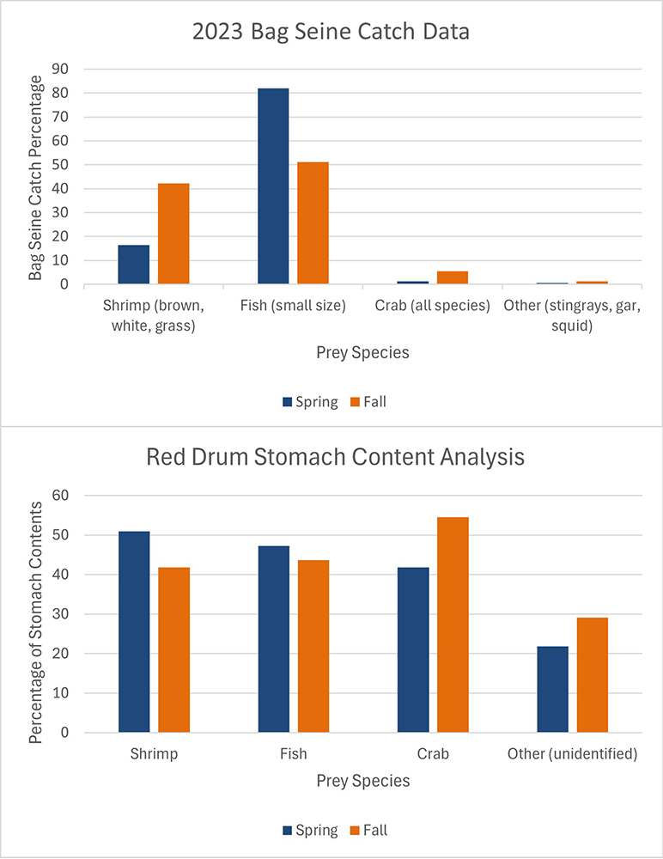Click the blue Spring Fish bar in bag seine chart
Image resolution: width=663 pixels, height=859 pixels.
pyautogui.click(x=273, y=186)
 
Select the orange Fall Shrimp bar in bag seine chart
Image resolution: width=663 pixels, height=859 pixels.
pyautogui.click(x=173, y=234)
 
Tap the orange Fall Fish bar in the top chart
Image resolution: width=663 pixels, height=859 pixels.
pyautogui.click(x=313, y=223)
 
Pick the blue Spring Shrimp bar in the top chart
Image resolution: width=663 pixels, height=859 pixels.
pyautogui.click(x=134, y=265)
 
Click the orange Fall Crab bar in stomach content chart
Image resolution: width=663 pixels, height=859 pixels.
pyautogui.click(x=453, y=625)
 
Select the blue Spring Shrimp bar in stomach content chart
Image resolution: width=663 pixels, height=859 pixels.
pyautogui.click(x=134, y=632)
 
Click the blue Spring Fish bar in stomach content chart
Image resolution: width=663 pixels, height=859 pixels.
pyautogui.click(x=273, y=639)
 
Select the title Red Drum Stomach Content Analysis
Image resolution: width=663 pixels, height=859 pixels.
pyautogui.click(x=335, y=457)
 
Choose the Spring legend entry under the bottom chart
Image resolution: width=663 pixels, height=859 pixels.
pyautogui.click(x=309, y=830)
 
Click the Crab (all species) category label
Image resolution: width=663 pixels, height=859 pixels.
pyautogui.click(x=433, y=306)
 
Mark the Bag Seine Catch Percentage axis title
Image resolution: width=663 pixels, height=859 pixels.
pyautogui.click(x=35, y=178)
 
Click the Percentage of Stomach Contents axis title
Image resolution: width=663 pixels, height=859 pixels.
pyautogui.click(x=35, y=613)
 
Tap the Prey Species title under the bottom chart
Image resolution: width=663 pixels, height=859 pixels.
pyautogui.click(x=362, y=781)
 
